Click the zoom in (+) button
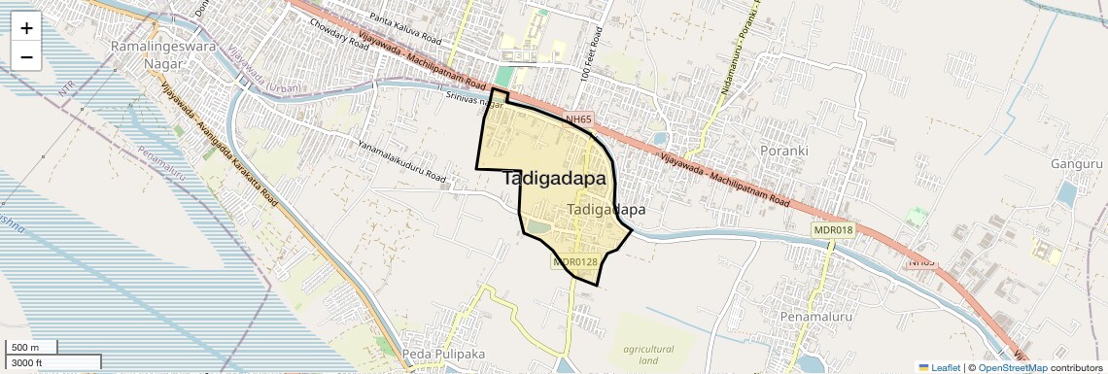(26, 28)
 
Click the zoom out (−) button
(26, 57)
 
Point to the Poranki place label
(784, 152)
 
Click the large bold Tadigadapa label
(554, 180)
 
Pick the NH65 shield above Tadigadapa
(577, 119)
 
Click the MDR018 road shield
(833, 229)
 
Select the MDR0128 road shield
(575, 261)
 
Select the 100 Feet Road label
(586, 60)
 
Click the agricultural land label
(649, 354)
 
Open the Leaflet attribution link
(939, 367)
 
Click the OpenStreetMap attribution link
(1012, 367)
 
